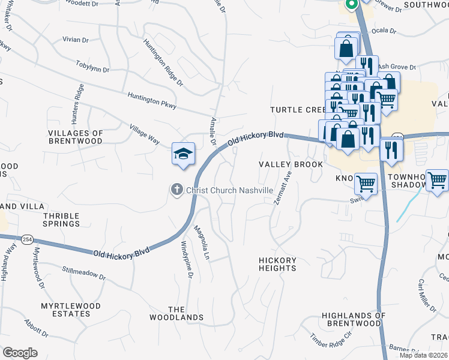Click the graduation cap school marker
coord(184,154)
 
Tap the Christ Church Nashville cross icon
coord(176,190)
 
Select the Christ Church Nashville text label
coord(229,190)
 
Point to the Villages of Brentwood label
coord(76,137)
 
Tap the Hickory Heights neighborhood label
coord(277,264)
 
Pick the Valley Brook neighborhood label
coord(291,164)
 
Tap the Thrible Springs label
coord(61,219)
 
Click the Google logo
coord(20,353)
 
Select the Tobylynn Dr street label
coord(93,65)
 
